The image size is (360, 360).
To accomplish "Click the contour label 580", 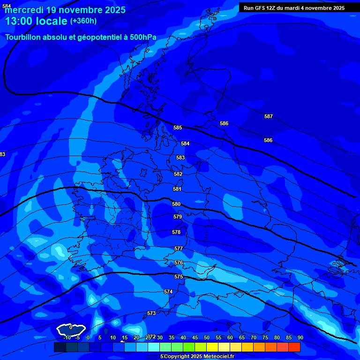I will pos(176,204).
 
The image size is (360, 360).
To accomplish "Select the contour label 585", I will pos(178,127).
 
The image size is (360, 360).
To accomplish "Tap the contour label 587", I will pos(269,116).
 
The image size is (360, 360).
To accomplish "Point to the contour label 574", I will pos(168,292).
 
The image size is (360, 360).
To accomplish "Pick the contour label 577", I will pos(179,248).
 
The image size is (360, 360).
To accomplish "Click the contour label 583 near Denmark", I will pos(180,157).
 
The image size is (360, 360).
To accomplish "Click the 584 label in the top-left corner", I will pos(7,6).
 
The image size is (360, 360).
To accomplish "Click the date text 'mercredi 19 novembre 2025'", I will pos(65,10).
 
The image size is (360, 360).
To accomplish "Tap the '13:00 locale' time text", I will pos(37,21).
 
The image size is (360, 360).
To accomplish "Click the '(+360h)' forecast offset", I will pos(83,21).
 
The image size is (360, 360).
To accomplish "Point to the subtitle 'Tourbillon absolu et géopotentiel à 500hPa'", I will pos(81,37).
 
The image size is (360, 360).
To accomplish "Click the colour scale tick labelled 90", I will pos(300,337).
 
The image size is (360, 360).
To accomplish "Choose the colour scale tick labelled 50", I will pos(207,337).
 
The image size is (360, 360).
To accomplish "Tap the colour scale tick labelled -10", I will pos(67,337).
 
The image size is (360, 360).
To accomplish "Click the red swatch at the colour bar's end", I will pos(294,347).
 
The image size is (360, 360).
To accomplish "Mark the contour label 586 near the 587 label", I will pos(268,140).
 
